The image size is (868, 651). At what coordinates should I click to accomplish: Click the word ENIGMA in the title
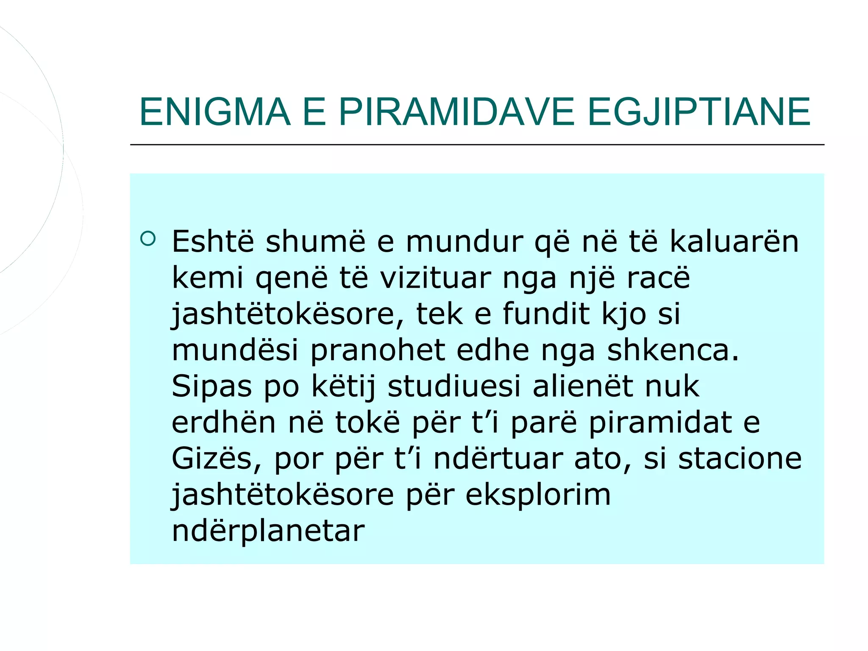tap(215, 112)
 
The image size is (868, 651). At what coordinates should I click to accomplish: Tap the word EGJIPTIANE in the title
tap(699, 112)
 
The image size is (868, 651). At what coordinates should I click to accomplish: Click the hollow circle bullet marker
tap(148, 239)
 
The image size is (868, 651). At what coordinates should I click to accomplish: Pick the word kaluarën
tap(734, 242)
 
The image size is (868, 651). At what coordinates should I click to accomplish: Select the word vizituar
tap(435, 278)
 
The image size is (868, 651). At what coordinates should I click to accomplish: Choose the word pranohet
tap(378, 351)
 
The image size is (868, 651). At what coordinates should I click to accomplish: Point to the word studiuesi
tap(454, 387)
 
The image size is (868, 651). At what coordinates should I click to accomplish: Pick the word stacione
tap(740, 459)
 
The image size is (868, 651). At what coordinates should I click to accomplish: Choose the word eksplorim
tap(538, 495)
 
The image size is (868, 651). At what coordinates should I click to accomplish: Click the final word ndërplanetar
tap(268, 531)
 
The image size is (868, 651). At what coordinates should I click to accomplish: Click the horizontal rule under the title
tap(477, 145)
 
